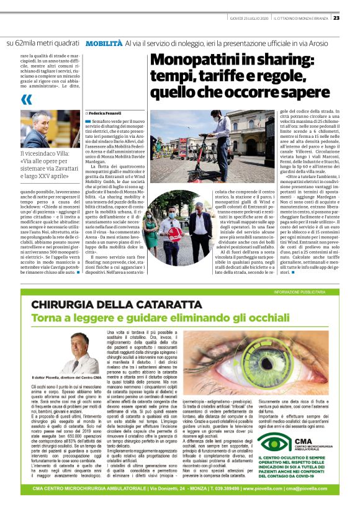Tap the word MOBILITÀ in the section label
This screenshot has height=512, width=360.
(x=104, y=45)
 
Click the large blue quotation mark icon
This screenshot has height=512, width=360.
(x=26, y=99)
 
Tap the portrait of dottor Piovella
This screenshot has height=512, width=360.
(x=74, y=351)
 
